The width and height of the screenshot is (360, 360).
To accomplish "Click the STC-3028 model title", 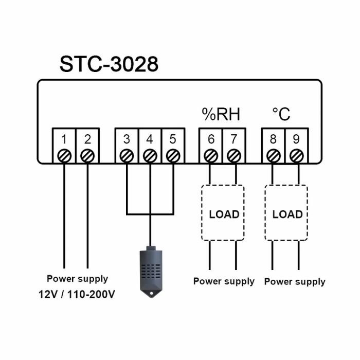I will click(x=109, y=64).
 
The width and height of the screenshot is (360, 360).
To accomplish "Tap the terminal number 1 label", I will click(x=64, y=139).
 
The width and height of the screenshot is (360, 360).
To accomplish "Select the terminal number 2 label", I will click(x=87, y=139).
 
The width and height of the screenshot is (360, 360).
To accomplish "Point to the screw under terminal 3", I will click(x=127, y=155).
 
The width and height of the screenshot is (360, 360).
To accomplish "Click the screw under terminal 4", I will click(x=150, y=155).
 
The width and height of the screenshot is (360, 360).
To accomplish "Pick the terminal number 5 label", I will click(x=173, y=139).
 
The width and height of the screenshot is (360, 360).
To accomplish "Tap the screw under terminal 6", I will click(x=210, y=155).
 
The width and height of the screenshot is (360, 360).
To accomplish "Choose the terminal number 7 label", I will click(x=234, y=139).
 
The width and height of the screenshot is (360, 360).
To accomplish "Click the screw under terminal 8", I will click(x=273, y=155).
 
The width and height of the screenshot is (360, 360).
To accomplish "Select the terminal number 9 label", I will click(x=296, y=139).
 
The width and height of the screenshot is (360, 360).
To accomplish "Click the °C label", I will click(x=281, y=114).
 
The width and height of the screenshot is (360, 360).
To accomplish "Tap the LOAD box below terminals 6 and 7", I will click(x=223, y=213).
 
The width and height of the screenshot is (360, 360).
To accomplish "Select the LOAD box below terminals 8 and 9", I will click(x=286, y=213).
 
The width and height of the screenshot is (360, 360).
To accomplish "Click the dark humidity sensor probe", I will click(x=150, y=270).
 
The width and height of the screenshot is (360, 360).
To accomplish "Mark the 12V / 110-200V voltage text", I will click(x=77, y=295).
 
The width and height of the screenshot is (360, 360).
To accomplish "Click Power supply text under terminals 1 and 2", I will click(x=77, y=279).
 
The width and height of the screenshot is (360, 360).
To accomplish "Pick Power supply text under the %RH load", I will click(x=224, y=281).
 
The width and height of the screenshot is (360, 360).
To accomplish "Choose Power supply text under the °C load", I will click(x=295, y=281).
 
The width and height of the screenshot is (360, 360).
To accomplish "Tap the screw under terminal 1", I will click(x=64, y=155).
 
